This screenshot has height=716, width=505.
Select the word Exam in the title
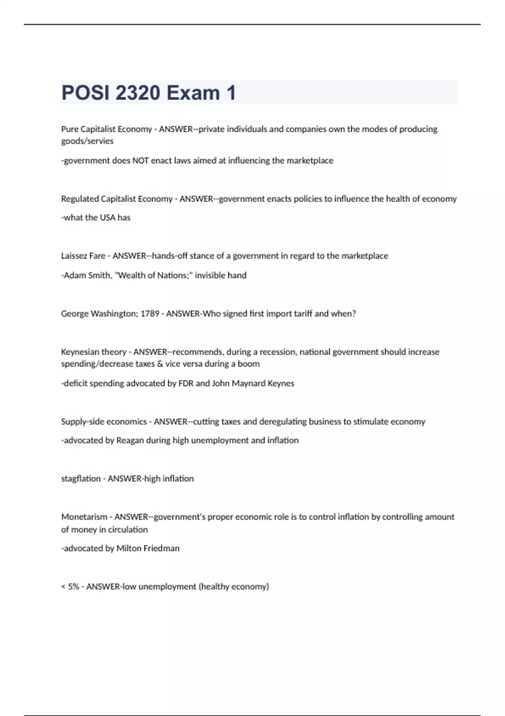click(193, 93)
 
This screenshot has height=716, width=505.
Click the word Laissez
click(74, 256)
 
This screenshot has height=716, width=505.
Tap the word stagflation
click(80, 479)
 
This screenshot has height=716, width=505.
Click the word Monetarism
click(84, 517)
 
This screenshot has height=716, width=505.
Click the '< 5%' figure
click(70, 587)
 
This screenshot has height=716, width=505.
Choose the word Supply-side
click(82, 422)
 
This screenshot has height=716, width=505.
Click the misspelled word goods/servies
click(88, 141)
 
